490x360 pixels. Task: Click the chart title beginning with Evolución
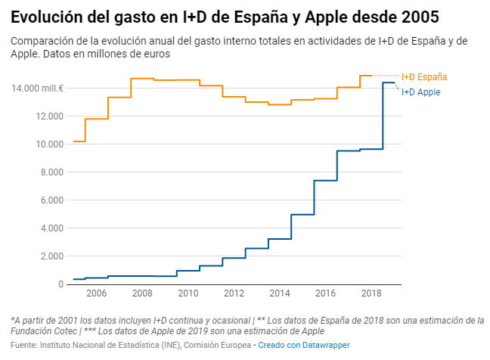[225, 17]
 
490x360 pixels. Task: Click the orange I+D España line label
[423, 77]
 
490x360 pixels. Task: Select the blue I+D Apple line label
[420, 92]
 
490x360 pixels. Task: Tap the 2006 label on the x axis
[96, 293]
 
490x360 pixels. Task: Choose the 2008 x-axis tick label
[142, 293]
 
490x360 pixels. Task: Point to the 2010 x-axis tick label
[188, 293]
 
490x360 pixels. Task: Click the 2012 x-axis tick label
[234, 293]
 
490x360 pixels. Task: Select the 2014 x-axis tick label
[280, 293]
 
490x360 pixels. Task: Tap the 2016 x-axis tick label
[325, 293]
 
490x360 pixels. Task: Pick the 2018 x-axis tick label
[371, 293]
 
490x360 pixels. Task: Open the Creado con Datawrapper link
[304, 346]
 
